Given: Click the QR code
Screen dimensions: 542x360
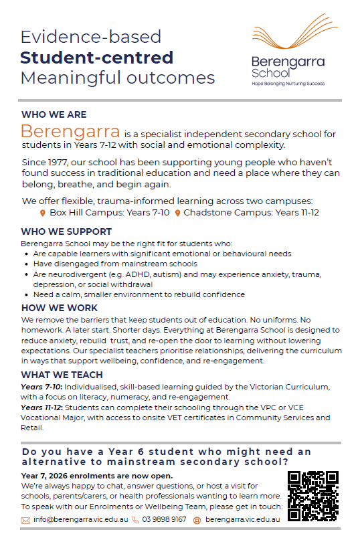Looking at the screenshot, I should [x=313, y=495].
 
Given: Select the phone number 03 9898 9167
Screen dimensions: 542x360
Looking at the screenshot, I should [x=164, y=519].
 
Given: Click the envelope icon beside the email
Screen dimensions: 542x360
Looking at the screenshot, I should [x=25, y=520].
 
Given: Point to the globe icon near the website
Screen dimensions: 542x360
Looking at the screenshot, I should [x=197, y=520].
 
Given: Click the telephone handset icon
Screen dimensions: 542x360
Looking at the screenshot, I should [x=136, y=520].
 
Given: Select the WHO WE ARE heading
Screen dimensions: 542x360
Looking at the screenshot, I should [x=54, y=114].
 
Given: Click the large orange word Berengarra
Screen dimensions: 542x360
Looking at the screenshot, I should [x=70, y=131].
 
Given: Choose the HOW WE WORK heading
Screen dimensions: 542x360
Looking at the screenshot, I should [x=59, y=308].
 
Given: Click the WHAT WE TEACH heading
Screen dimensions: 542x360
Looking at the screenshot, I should [x=62, y=375].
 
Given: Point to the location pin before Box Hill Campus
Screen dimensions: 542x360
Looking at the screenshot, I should [x=43, y=213].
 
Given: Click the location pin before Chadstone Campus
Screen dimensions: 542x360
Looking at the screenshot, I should [x=177, y=213].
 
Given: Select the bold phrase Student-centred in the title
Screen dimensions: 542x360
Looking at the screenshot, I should [x=96, y=57].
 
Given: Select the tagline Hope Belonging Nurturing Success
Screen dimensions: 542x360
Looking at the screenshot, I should [x=288, y=84].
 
